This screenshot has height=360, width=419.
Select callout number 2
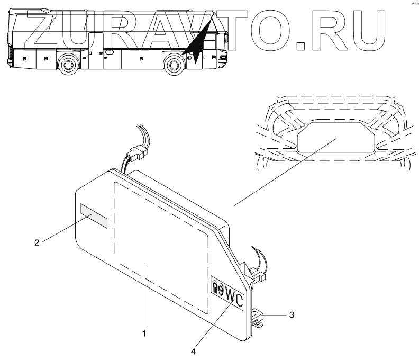click(37, 243)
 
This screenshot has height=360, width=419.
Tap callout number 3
click(292, 314)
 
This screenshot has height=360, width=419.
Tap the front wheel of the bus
click(174, 66)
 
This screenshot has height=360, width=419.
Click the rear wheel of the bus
click(68, 66)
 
